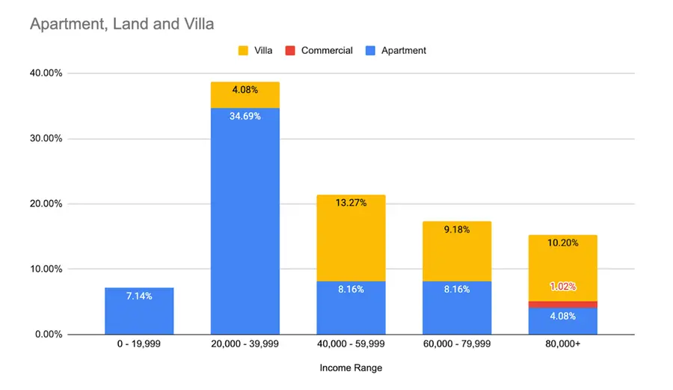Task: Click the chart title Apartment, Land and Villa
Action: coord(122,25)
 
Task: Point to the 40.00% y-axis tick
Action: coord(47,73)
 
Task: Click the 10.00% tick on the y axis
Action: coord(47,269)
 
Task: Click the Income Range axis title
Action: coord(351,368)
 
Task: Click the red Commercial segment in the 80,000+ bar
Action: coord(562,304)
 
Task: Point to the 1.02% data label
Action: coord(562,286)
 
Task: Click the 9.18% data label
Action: coord(456,230)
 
